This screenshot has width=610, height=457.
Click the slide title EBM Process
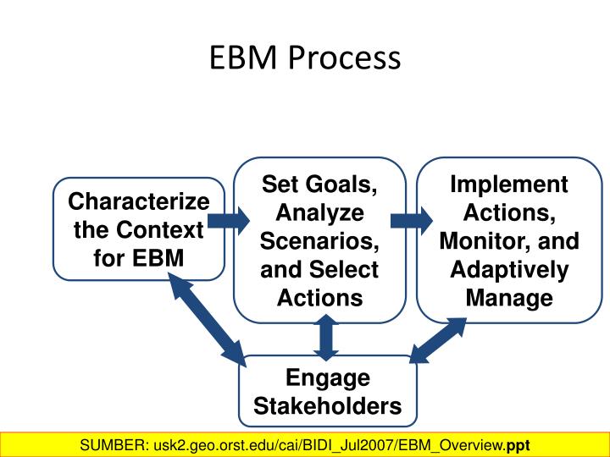tap(305, 58)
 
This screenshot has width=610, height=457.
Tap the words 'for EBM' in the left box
tap(139, 257)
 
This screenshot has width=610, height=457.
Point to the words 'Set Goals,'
tap(319, 184)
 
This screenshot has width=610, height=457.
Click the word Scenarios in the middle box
tap(319, 240)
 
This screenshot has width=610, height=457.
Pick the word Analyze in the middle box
tap(319, 212)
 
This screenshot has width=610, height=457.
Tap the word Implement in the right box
tap(508, 184)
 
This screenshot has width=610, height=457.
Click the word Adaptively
tap(508, 269)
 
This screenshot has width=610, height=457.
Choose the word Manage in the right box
tap(508, 298)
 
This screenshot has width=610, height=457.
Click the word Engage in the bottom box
tap(327, 377)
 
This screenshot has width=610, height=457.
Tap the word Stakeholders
tap(327, 406)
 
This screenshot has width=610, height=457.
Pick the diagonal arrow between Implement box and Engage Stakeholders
tap(439, 340)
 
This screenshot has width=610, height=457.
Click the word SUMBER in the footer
tap(110, 445)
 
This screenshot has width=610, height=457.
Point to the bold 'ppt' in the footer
tap(518, 445)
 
